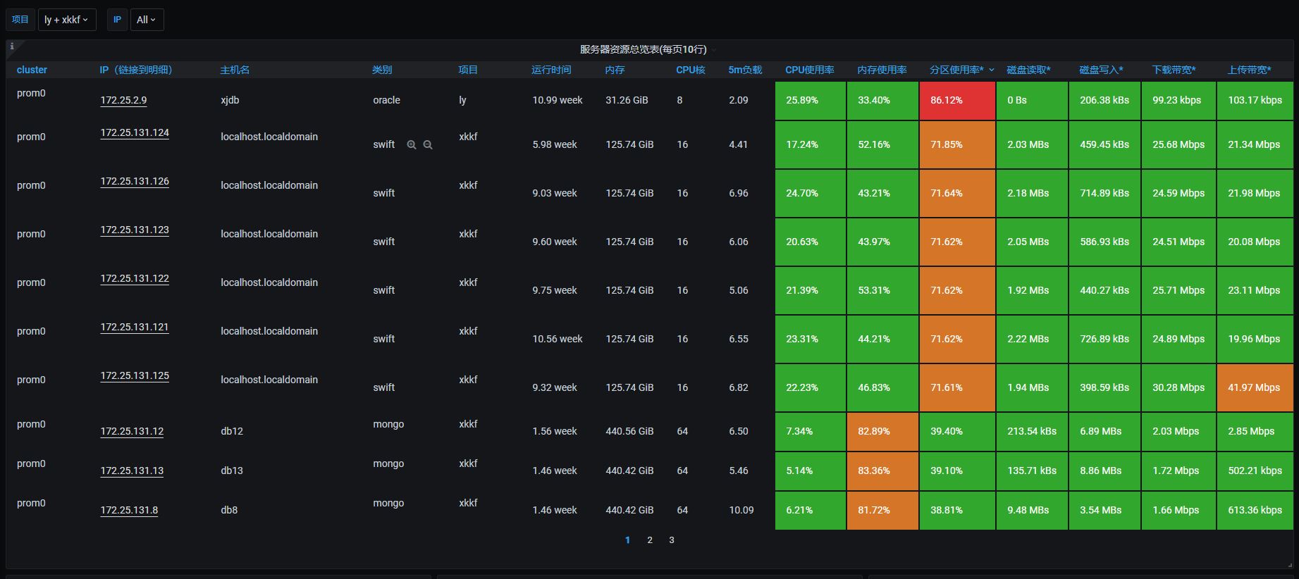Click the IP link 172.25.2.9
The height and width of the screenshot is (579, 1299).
pyautogui.click(x=123, y=100)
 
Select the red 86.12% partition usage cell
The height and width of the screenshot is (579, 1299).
pyautogui.click(x=957, y=101)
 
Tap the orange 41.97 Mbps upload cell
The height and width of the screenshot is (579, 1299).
pyautogui.click(x=1255, y=387)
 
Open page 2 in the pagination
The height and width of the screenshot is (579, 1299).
pyautogui.click(x=650, y=540)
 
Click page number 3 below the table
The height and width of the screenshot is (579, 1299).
pyautogui.click(x=672, y=540)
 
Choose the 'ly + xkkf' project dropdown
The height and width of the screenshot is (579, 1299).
pyautogui.click(x=66, y=20)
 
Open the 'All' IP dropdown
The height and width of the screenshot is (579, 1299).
pyautogui.click(x=146, y=20)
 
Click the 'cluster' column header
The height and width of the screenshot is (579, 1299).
pyautogui.click(x=32, y=70)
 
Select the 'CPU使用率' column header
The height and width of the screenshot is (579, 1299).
pyautogui.click(x=809, y=70)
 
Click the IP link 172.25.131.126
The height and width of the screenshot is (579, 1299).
pyautogui.click(x=135, y=181)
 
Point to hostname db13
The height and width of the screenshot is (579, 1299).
pyautogui.click(x=232, y=471)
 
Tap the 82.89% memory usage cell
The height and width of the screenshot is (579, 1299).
pyautogui.click(x=882, y=431)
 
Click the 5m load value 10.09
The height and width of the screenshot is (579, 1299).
pyautogui.click(x=741, y=510)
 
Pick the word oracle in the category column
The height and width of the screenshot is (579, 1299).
pyautogui.click(x=386, y=100)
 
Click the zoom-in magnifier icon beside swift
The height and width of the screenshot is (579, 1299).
pyautogui.click(x=412, y=144)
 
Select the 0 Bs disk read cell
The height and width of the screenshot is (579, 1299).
pyautogui.click(x=1032, y=101)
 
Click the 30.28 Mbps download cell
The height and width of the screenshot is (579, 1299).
pyautogui.click(x=1178, y=387)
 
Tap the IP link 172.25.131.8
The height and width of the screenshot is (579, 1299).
pyautogui.click(x=129, y=510)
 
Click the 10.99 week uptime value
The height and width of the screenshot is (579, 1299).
pyautogui.click(x=558, y=100)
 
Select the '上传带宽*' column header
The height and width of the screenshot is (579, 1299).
pyautogui.click(x=1249, y=70)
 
